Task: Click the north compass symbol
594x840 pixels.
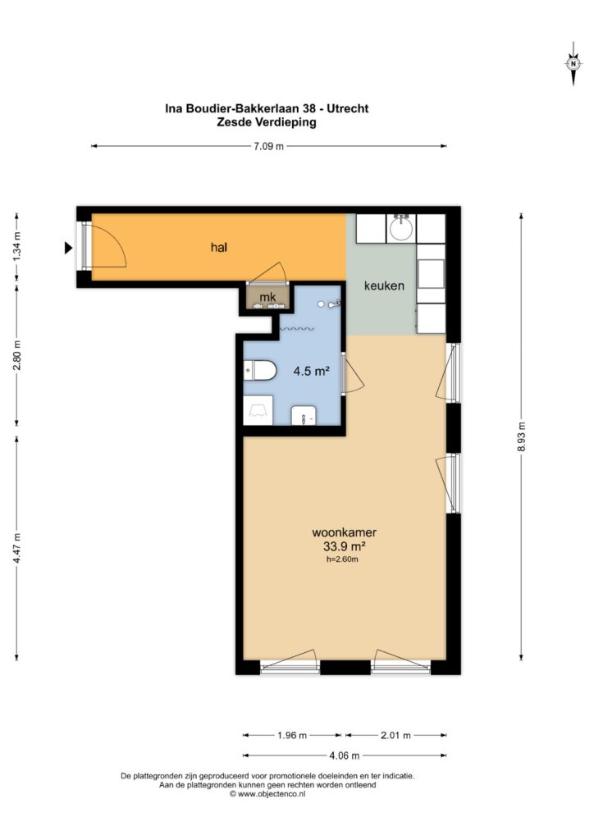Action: point(573,64)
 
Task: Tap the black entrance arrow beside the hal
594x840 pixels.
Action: point(68,248)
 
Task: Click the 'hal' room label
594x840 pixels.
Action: point(218,247)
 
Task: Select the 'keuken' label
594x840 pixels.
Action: point(384,285)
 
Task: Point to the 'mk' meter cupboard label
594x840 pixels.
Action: point(267,297)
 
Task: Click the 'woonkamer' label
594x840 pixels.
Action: point(345,532)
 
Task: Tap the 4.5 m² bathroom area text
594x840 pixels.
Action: point(311,370)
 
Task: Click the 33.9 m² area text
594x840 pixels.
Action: point(344,546)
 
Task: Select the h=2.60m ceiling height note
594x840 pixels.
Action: point(342,559)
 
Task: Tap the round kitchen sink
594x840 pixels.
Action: point(401,228)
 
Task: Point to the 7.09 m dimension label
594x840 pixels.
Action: point(269,146)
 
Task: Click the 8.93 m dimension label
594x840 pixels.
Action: point(521,436)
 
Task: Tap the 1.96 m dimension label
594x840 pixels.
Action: point(292,735)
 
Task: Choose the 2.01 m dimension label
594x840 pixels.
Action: point(395,735)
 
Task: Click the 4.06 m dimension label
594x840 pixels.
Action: point(345,756)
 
